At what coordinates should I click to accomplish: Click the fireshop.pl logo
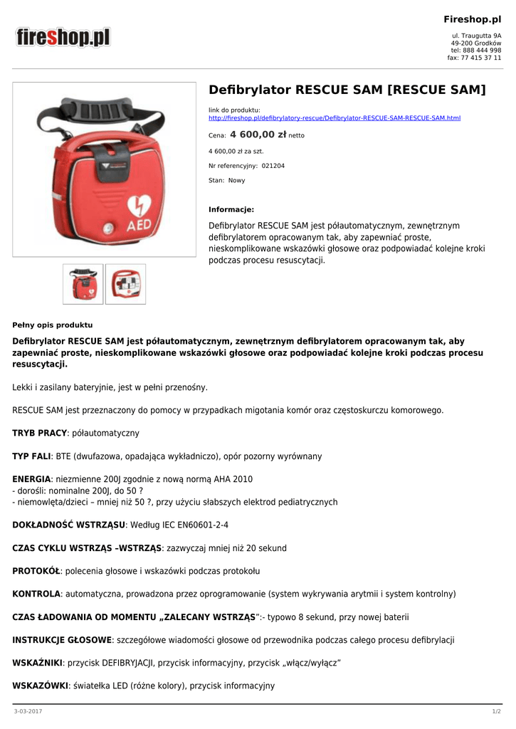(x=63, y=37)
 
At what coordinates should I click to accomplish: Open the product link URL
(x=335, y=117)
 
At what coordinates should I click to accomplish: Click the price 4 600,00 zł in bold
(x=258, y=134)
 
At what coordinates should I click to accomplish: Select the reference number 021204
(x=273, y=166)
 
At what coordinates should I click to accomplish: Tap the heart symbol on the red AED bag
(x=137, y=206)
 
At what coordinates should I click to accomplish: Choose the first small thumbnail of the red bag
(x=83, y=284)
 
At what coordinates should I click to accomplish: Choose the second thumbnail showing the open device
(x=126, y=284)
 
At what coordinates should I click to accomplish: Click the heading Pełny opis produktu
(x=53, y=325)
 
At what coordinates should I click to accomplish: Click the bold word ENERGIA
(x=32, y=479)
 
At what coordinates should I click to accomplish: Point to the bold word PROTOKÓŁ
(x=36, y=571)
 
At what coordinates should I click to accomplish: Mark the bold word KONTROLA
(x=36, y=594)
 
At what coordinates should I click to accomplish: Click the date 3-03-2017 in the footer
(x=28, y=712)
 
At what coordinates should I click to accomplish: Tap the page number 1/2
(x=497, y=712)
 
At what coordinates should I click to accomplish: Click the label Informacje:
(x=231, y=209)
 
